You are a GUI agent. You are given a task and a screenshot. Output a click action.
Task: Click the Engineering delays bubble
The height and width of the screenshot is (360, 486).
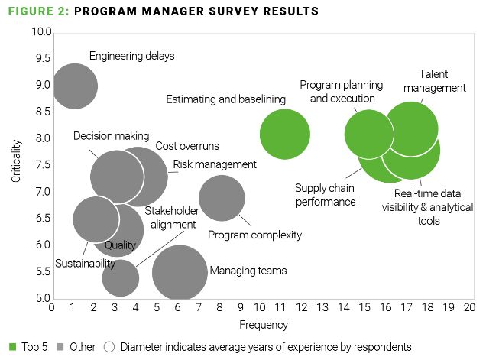74,86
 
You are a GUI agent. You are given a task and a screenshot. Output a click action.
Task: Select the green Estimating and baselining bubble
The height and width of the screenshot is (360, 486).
285,135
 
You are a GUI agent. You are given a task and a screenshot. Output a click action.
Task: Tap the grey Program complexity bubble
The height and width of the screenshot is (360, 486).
222,198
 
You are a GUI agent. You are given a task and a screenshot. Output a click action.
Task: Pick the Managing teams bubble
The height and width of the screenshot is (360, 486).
180,273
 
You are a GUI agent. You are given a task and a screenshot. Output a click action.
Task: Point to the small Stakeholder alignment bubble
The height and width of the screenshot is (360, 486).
120,278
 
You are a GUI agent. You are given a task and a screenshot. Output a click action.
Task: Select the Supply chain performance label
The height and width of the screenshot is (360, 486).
326,195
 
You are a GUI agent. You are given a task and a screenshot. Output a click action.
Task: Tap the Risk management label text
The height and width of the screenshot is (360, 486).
215,164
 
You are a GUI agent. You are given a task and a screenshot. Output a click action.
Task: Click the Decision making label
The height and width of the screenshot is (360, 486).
112,136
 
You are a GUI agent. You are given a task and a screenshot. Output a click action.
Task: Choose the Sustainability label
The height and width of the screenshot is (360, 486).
85,264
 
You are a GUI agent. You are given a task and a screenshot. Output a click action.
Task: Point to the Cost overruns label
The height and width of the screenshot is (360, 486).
187,146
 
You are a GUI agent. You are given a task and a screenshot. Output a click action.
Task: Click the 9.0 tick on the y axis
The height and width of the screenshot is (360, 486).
42,86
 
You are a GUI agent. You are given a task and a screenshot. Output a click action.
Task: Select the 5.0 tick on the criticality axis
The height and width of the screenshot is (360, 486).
42,298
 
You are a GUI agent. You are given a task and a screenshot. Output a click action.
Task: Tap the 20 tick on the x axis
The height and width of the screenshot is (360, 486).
469,307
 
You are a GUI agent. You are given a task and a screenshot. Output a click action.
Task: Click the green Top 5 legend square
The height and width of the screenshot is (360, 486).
12,347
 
